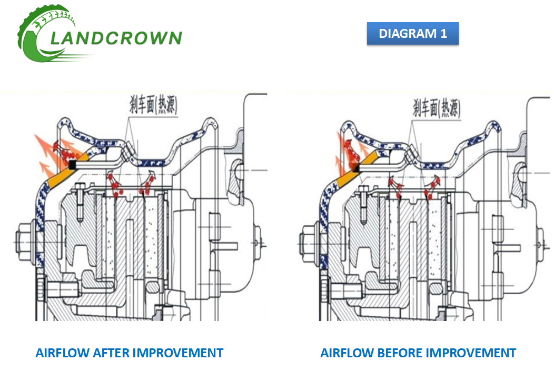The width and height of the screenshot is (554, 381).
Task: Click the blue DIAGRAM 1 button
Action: point(412,33)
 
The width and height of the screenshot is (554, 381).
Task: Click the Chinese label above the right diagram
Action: point(437,108)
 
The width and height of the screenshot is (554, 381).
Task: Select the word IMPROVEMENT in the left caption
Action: point(177,353)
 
